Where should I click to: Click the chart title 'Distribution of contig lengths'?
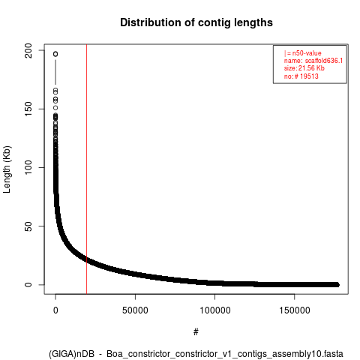(x=196, y=22)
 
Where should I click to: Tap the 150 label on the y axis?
(x=28, y=109)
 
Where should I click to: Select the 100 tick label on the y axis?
(x=28, y=167)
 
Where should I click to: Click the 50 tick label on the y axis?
(x=28, y=226)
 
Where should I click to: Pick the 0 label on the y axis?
(x=28, y=284)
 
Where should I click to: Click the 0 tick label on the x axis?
(x=55, y=310)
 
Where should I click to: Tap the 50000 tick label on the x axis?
(x=135, y=310)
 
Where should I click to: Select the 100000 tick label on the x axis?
(x=215, y=310)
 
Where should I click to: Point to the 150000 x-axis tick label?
(x=295, y=310)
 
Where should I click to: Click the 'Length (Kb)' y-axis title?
(x=7, y=169)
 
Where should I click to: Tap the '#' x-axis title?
(x=196, y=332)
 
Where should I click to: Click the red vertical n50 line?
(x=86, y=169)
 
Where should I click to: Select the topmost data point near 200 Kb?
(x=55, y=54)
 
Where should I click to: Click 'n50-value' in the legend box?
(x=307, y=53)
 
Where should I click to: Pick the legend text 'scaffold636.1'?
(x=324, y=61)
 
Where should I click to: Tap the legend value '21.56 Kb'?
(x=311, y=68)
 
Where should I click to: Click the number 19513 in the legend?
(x=309, y=76)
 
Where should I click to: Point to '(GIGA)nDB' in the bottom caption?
(x=71, y=354)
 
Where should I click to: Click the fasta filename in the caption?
(x=225, y=354)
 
